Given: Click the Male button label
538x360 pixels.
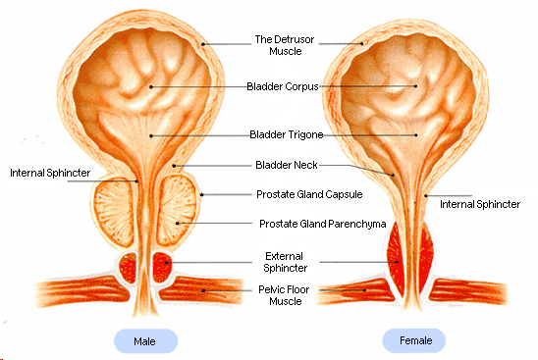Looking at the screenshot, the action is point(144,341).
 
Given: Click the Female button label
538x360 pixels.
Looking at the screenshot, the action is point(416,340).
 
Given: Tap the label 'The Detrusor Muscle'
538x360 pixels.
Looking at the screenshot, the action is point(285,45).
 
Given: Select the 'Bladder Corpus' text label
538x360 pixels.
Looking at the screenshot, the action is point(283,86).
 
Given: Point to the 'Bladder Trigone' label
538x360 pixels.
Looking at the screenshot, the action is point(286,134).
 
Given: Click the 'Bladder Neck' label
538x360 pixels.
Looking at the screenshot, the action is point(286,165).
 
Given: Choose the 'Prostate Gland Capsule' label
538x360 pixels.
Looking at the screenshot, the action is point(309,194).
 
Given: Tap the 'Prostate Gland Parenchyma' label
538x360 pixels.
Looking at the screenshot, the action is point(323,224).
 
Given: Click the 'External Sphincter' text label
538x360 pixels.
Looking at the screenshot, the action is point(285,262).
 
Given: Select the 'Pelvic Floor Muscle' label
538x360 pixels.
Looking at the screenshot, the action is point(284,295).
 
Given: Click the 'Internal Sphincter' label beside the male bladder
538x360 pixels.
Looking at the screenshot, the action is point(50,173).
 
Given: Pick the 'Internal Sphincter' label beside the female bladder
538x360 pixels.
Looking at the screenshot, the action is point(480,204).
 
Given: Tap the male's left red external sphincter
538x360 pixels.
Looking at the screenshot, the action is point(128,268).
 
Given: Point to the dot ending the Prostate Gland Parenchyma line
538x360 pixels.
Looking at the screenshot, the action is point(178,224).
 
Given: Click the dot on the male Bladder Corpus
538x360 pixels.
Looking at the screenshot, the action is point(151,86).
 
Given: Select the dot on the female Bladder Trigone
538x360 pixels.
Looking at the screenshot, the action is point(416,135).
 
